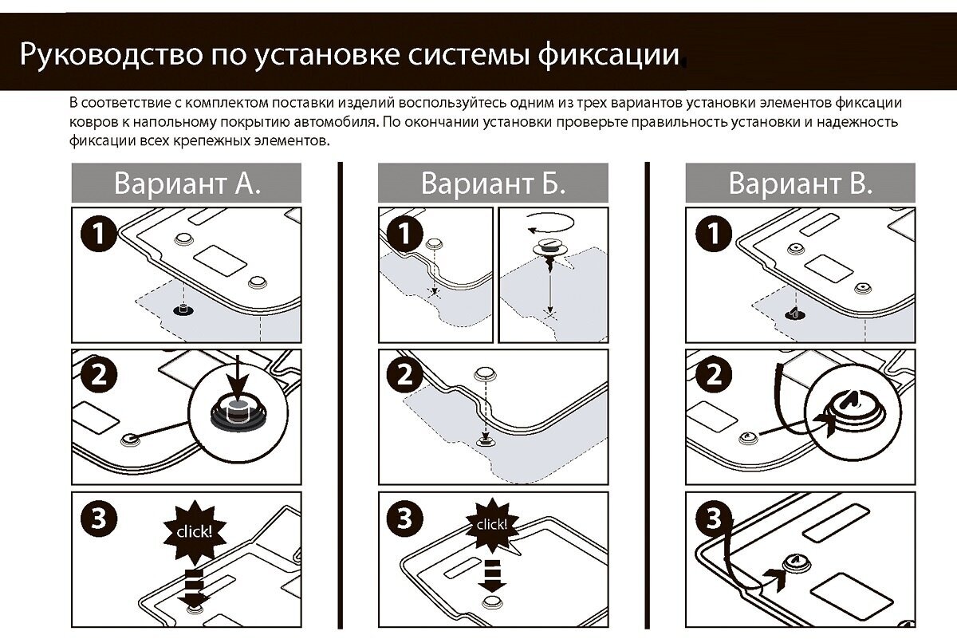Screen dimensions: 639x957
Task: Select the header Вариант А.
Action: tap(187, 183)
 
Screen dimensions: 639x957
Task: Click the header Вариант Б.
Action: tap(493, 183)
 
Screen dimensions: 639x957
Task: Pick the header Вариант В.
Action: tap(800, 183)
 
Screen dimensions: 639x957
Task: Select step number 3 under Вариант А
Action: tap(99, 519)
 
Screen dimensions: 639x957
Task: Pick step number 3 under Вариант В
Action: tap(713, 519)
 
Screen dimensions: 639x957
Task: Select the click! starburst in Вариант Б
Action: tap(491, 524)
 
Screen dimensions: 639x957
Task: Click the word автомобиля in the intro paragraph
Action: tap(338, 123)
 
